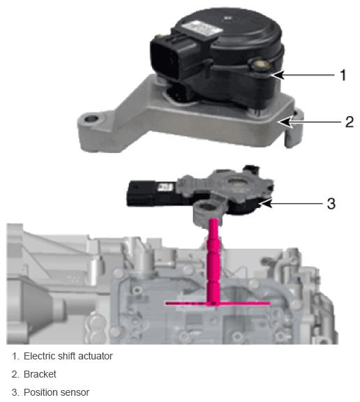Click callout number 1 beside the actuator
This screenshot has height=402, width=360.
pyautogui.click(x=343, y=75)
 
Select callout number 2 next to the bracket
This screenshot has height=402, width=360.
pyautogui.click(x=350, y=121)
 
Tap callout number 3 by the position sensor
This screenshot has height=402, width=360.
pyautogui.click(x=331, y=204)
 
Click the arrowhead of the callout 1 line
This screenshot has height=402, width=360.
pyautogui.click(x=278, y=75)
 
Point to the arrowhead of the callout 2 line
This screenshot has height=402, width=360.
pyautogui.click(x=285, y=121)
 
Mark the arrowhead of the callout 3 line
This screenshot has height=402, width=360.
pyautogui.click(x=265, y=203)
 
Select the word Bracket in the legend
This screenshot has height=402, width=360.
pyautogui.click(x=40, y=374)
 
